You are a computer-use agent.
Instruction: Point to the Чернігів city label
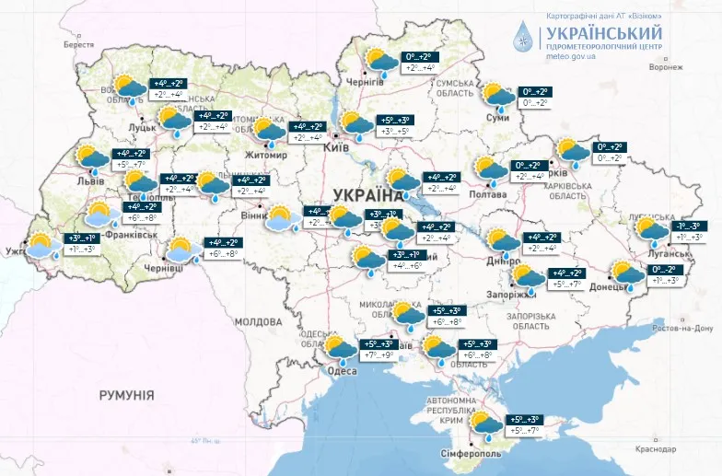(366, 82)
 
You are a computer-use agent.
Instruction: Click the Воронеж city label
(665, 67)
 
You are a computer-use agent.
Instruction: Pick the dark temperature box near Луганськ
(689, 226)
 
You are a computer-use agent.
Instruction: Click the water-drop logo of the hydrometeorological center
(523, 38)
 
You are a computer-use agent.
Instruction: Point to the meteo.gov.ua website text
(571, 56)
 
